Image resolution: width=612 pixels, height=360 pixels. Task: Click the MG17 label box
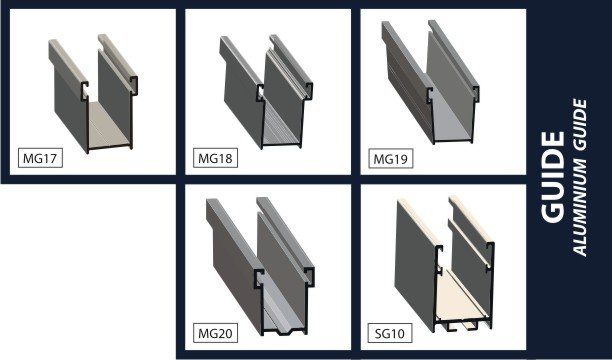pos(40,159)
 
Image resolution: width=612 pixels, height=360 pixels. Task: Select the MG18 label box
pos(215,159)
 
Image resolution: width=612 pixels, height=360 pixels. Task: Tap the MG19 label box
pos(390,159)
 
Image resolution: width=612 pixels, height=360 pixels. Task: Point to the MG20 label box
pos(215,333)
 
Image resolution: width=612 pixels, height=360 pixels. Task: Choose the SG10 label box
pos(390,333)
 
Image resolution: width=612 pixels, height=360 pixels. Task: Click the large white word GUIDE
pos(553,177)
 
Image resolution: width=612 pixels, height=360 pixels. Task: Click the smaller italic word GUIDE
pos(581,125)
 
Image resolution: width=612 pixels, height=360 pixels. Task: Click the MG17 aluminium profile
pos(94,94)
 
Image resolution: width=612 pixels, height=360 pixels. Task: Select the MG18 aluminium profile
pos(266,92)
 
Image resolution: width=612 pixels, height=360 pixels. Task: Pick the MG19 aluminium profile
pos(431,82)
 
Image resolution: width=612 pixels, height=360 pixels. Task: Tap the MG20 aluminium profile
pos(260,267)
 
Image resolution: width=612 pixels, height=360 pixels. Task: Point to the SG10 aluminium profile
pos(445,265)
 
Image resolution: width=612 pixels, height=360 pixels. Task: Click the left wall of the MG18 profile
pos(243,94)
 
